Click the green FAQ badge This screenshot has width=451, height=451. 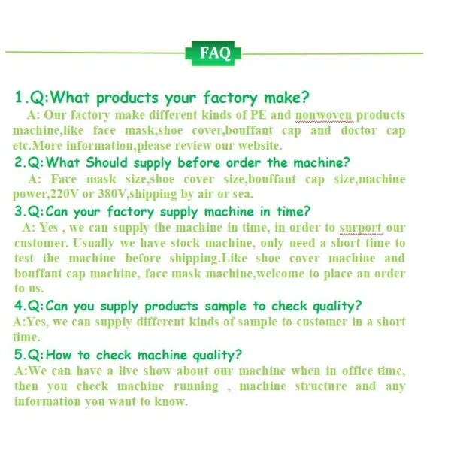click(x=213, y=53)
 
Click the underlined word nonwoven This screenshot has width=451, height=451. click(x=323, y=115)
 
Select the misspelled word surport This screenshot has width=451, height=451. click(x=360, y=228)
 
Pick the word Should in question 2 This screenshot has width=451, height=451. click(x=107, y=162)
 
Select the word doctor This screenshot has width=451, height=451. click(x=359, y=130)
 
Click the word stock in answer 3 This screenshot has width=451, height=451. click(x=185, y=243)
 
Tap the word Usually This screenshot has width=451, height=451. click(x=93, y=244)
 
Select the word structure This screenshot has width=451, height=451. click(x=321, y=386)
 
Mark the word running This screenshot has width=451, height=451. click(x=196, y=387)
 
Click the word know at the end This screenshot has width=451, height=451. click(x=171, y=401)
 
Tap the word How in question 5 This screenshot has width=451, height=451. click(x=59, y=354)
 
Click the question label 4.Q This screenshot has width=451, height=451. click(x=28, y=305)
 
